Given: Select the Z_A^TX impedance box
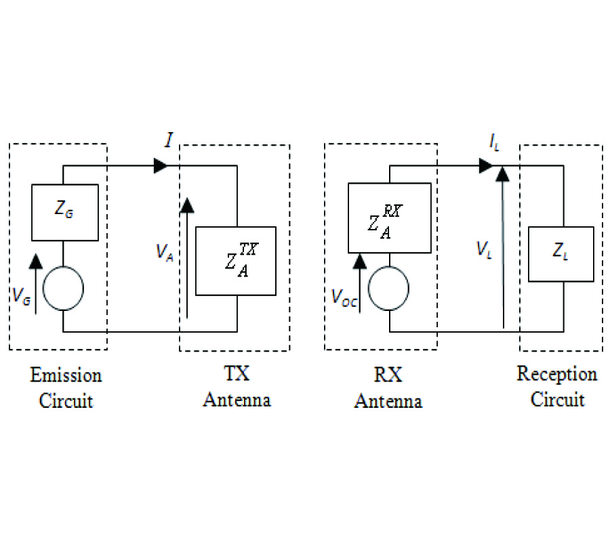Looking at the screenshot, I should (x=236, y=261).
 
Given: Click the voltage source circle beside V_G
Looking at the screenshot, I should (x=63, y=288).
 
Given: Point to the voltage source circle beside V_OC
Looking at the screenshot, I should (x=389, y=289).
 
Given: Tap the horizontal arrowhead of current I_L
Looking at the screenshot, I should (x=485, y=165).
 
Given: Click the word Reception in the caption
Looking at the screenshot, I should (x=556, y=374).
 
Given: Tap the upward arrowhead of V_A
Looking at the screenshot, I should (x=187, y=205).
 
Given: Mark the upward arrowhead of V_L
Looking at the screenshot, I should (x=502, y=175).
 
